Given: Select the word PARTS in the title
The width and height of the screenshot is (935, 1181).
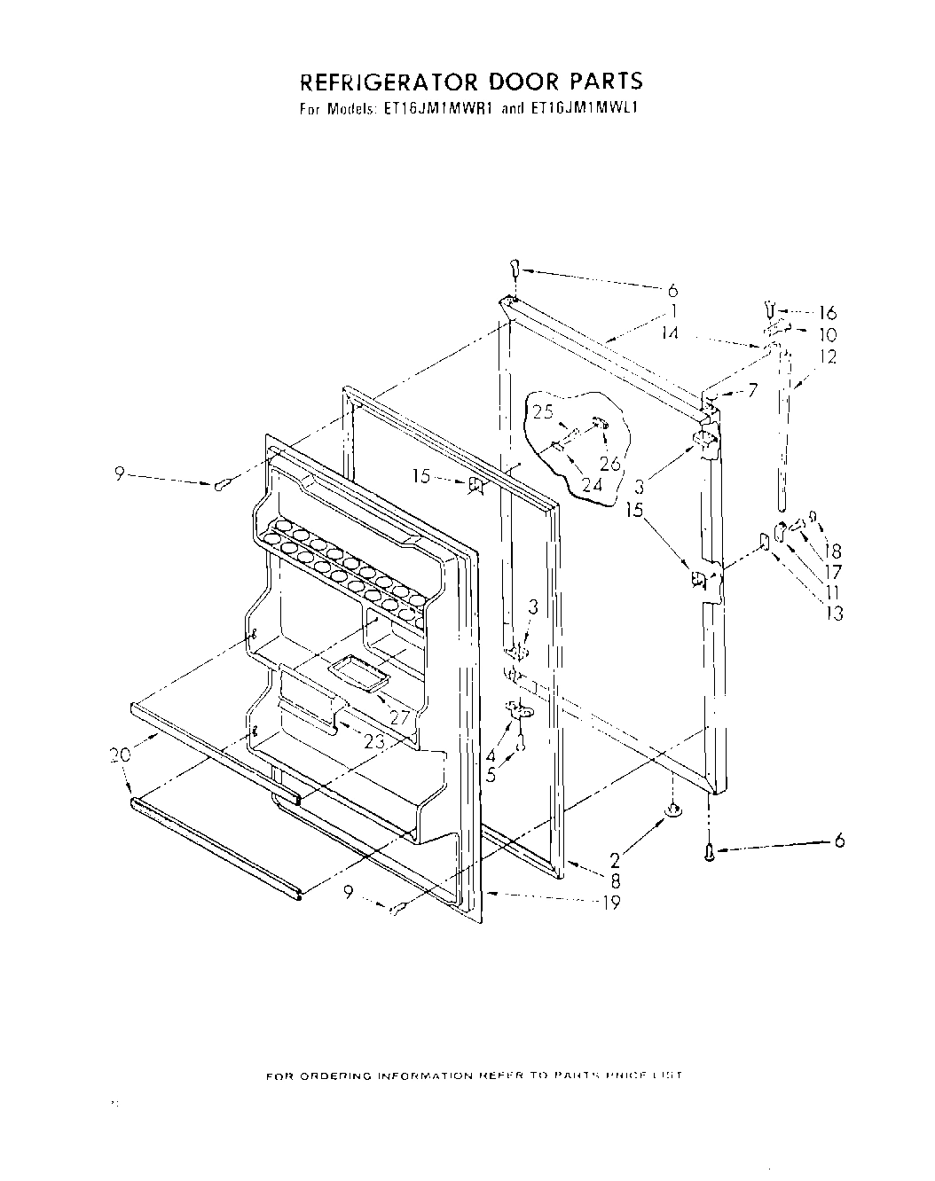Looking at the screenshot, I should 602,82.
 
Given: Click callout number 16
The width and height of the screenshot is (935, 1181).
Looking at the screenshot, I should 827,312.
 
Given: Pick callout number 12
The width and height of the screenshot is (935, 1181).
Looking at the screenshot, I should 827,357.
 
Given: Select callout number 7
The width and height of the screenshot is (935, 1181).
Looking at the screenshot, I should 751,389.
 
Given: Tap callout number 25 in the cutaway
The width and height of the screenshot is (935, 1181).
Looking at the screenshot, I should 542,411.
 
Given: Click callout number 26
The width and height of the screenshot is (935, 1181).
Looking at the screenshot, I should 609,462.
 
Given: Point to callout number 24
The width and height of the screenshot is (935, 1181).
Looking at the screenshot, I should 591,485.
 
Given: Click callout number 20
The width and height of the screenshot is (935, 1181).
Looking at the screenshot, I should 120,755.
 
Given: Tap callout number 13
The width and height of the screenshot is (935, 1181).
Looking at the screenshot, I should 833,613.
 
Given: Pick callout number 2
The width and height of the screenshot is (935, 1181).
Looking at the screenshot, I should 616,859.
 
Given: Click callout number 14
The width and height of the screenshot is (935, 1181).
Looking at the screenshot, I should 670,334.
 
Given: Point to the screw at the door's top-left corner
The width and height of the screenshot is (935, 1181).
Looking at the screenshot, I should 514,267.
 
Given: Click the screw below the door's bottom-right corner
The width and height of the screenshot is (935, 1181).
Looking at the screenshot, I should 708,853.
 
